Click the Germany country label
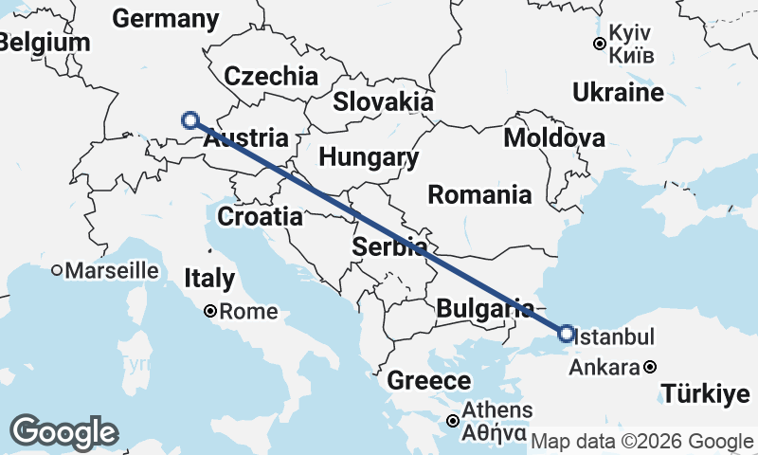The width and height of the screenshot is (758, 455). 165,19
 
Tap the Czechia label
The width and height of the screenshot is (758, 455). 270,76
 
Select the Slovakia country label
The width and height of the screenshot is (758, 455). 383,101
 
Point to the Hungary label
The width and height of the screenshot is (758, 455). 369,156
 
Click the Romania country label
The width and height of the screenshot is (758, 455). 479,195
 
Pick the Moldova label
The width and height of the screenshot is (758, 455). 554,138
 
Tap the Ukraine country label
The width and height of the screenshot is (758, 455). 618,93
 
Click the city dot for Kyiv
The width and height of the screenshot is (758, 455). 600,44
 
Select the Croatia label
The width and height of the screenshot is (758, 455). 260,216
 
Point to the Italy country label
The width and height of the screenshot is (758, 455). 208,279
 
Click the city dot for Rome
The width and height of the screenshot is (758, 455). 211,311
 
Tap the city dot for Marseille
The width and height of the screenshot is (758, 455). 57,270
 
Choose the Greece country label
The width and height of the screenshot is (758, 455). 429,382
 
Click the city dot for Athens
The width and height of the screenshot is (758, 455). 455,421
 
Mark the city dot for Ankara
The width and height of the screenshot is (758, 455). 649,367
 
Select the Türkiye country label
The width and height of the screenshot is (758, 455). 698,393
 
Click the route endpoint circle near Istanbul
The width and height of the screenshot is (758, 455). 566,334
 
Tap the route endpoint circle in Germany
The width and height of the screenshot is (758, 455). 190,120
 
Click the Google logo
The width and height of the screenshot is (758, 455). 64,432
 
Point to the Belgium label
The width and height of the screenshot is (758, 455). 45,43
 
